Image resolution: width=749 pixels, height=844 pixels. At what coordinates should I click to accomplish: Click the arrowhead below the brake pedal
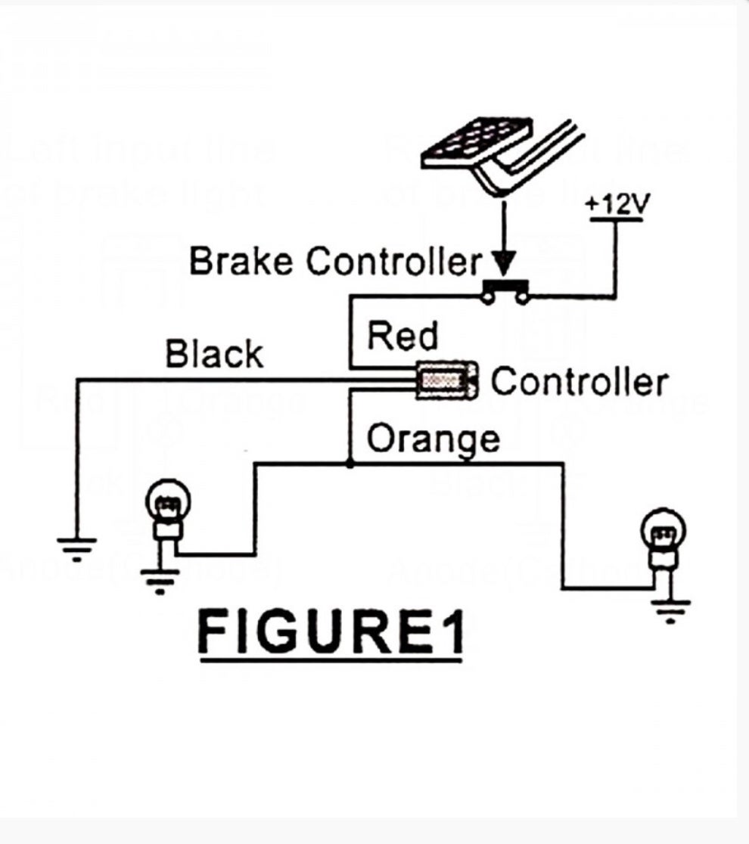502,265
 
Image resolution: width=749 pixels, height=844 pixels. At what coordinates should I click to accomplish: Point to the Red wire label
402,337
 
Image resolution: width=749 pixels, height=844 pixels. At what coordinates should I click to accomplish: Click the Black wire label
214,354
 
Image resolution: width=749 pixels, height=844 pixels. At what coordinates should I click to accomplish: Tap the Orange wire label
433,439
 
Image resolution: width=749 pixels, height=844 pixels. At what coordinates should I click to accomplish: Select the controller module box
447,380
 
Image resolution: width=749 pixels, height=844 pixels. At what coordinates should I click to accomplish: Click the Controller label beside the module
579,382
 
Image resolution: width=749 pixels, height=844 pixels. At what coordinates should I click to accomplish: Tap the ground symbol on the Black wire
76,548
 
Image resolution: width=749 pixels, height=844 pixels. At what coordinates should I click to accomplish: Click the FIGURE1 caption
330,631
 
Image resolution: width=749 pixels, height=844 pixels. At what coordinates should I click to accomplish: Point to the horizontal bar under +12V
616,221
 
